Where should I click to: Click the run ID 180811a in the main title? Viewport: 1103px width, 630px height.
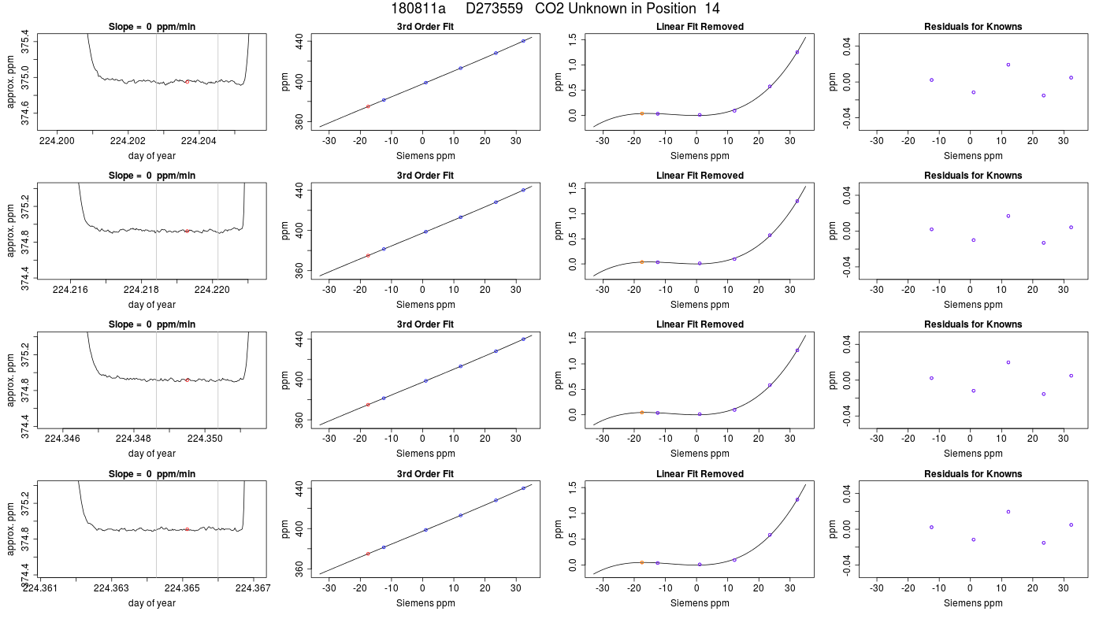point(418,9)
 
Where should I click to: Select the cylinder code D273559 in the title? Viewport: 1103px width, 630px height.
point(494,9)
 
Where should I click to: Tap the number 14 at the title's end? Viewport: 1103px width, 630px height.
point(712,9)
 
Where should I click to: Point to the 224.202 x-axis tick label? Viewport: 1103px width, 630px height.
point(128,141)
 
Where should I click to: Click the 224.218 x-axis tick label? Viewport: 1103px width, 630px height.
point(141,290)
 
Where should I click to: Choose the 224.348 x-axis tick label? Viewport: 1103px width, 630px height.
point(133,438)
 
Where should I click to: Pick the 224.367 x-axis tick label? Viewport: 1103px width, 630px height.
point(253,587)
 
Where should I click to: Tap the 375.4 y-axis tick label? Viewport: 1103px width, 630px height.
point(24,43)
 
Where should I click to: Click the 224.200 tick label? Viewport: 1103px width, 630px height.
point(57,141)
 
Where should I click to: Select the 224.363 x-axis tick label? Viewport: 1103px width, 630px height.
point(111,587)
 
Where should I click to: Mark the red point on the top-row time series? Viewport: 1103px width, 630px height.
point(188,82)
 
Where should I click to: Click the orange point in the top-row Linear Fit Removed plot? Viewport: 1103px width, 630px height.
point(641,113)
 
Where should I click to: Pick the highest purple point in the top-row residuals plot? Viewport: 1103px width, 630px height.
point(1008,65)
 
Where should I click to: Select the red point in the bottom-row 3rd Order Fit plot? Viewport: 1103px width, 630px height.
point(368,554)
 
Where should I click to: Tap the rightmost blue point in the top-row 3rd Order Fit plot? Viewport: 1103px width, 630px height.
point(523,41)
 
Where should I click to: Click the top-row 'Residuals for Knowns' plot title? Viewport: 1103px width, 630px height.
point(972,27)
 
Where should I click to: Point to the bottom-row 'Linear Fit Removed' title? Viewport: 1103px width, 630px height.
point(700,473)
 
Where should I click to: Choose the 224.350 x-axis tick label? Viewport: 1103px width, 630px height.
point(204,438)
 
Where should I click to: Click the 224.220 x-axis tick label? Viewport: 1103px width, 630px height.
point(212,290)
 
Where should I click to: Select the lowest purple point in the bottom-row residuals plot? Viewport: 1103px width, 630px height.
point(1043,543)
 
